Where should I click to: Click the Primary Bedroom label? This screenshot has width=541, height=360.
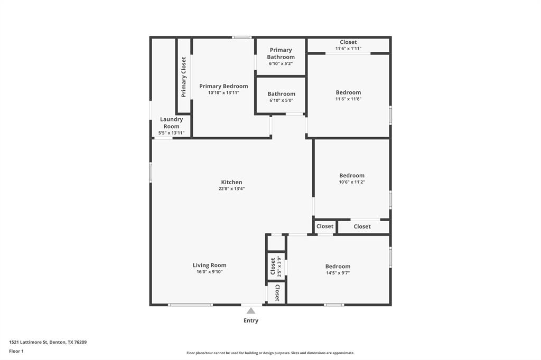coord(223,86)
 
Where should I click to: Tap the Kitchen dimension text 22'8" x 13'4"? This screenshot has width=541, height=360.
coord(231,188)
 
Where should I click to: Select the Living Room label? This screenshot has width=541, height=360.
coord(209,266)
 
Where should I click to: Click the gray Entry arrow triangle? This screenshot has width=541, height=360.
coord(251,311)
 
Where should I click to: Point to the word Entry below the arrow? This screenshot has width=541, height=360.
coord(251,320)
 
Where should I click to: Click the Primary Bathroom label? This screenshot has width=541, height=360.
coord(281,53)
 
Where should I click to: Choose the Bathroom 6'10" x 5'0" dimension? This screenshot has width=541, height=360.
coord(281,100)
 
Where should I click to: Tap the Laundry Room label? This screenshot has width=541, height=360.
coord(171,122)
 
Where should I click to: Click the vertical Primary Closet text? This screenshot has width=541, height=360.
coord(184,77)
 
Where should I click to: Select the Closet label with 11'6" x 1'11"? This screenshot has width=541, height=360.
coord(348,42)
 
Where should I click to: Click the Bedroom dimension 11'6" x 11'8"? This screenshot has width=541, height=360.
coord(348,99)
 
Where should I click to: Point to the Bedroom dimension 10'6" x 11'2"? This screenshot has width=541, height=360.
coord(352,182)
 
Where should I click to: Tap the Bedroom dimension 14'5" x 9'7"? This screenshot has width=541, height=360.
coord(338,273)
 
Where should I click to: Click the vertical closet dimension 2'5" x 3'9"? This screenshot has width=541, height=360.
coord(279,267)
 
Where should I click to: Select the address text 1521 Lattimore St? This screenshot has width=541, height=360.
coord(48,342)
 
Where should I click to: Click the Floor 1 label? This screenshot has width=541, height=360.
coord(16,351)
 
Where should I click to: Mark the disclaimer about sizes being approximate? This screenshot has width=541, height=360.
coord(270,353)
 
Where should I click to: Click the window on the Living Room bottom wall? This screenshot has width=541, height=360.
coord(191,305)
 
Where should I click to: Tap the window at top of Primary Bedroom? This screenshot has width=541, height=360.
coord(242,37)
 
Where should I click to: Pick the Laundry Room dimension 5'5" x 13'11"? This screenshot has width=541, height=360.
coord(171,132)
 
